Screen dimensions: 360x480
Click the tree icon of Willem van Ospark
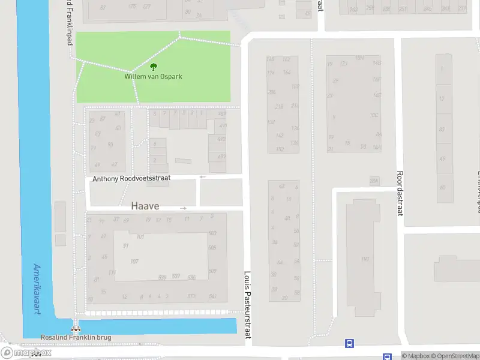pos(153,67)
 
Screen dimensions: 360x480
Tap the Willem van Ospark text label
pos(153,77)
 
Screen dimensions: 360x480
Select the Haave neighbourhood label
pos(145,206)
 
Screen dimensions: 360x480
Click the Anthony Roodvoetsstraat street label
pos(132,179)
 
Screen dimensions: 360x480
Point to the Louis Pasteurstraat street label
pos(247,304)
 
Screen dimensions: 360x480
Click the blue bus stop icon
pos(349,344)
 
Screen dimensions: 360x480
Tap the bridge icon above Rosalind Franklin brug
pos(76,328)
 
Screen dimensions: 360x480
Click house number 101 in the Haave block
pos(140,236)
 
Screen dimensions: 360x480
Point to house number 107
pos(134,261)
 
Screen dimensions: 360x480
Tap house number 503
pos(212,233)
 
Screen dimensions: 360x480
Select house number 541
pos(212,296)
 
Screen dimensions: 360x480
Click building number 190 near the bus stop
pos(364,259)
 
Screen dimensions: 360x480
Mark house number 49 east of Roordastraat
pos(442,158)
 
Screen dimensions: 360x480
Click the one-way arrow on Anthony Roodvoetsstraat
pos(203,177)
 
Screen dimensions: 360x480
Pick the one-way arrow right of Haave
pos(184,208)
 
